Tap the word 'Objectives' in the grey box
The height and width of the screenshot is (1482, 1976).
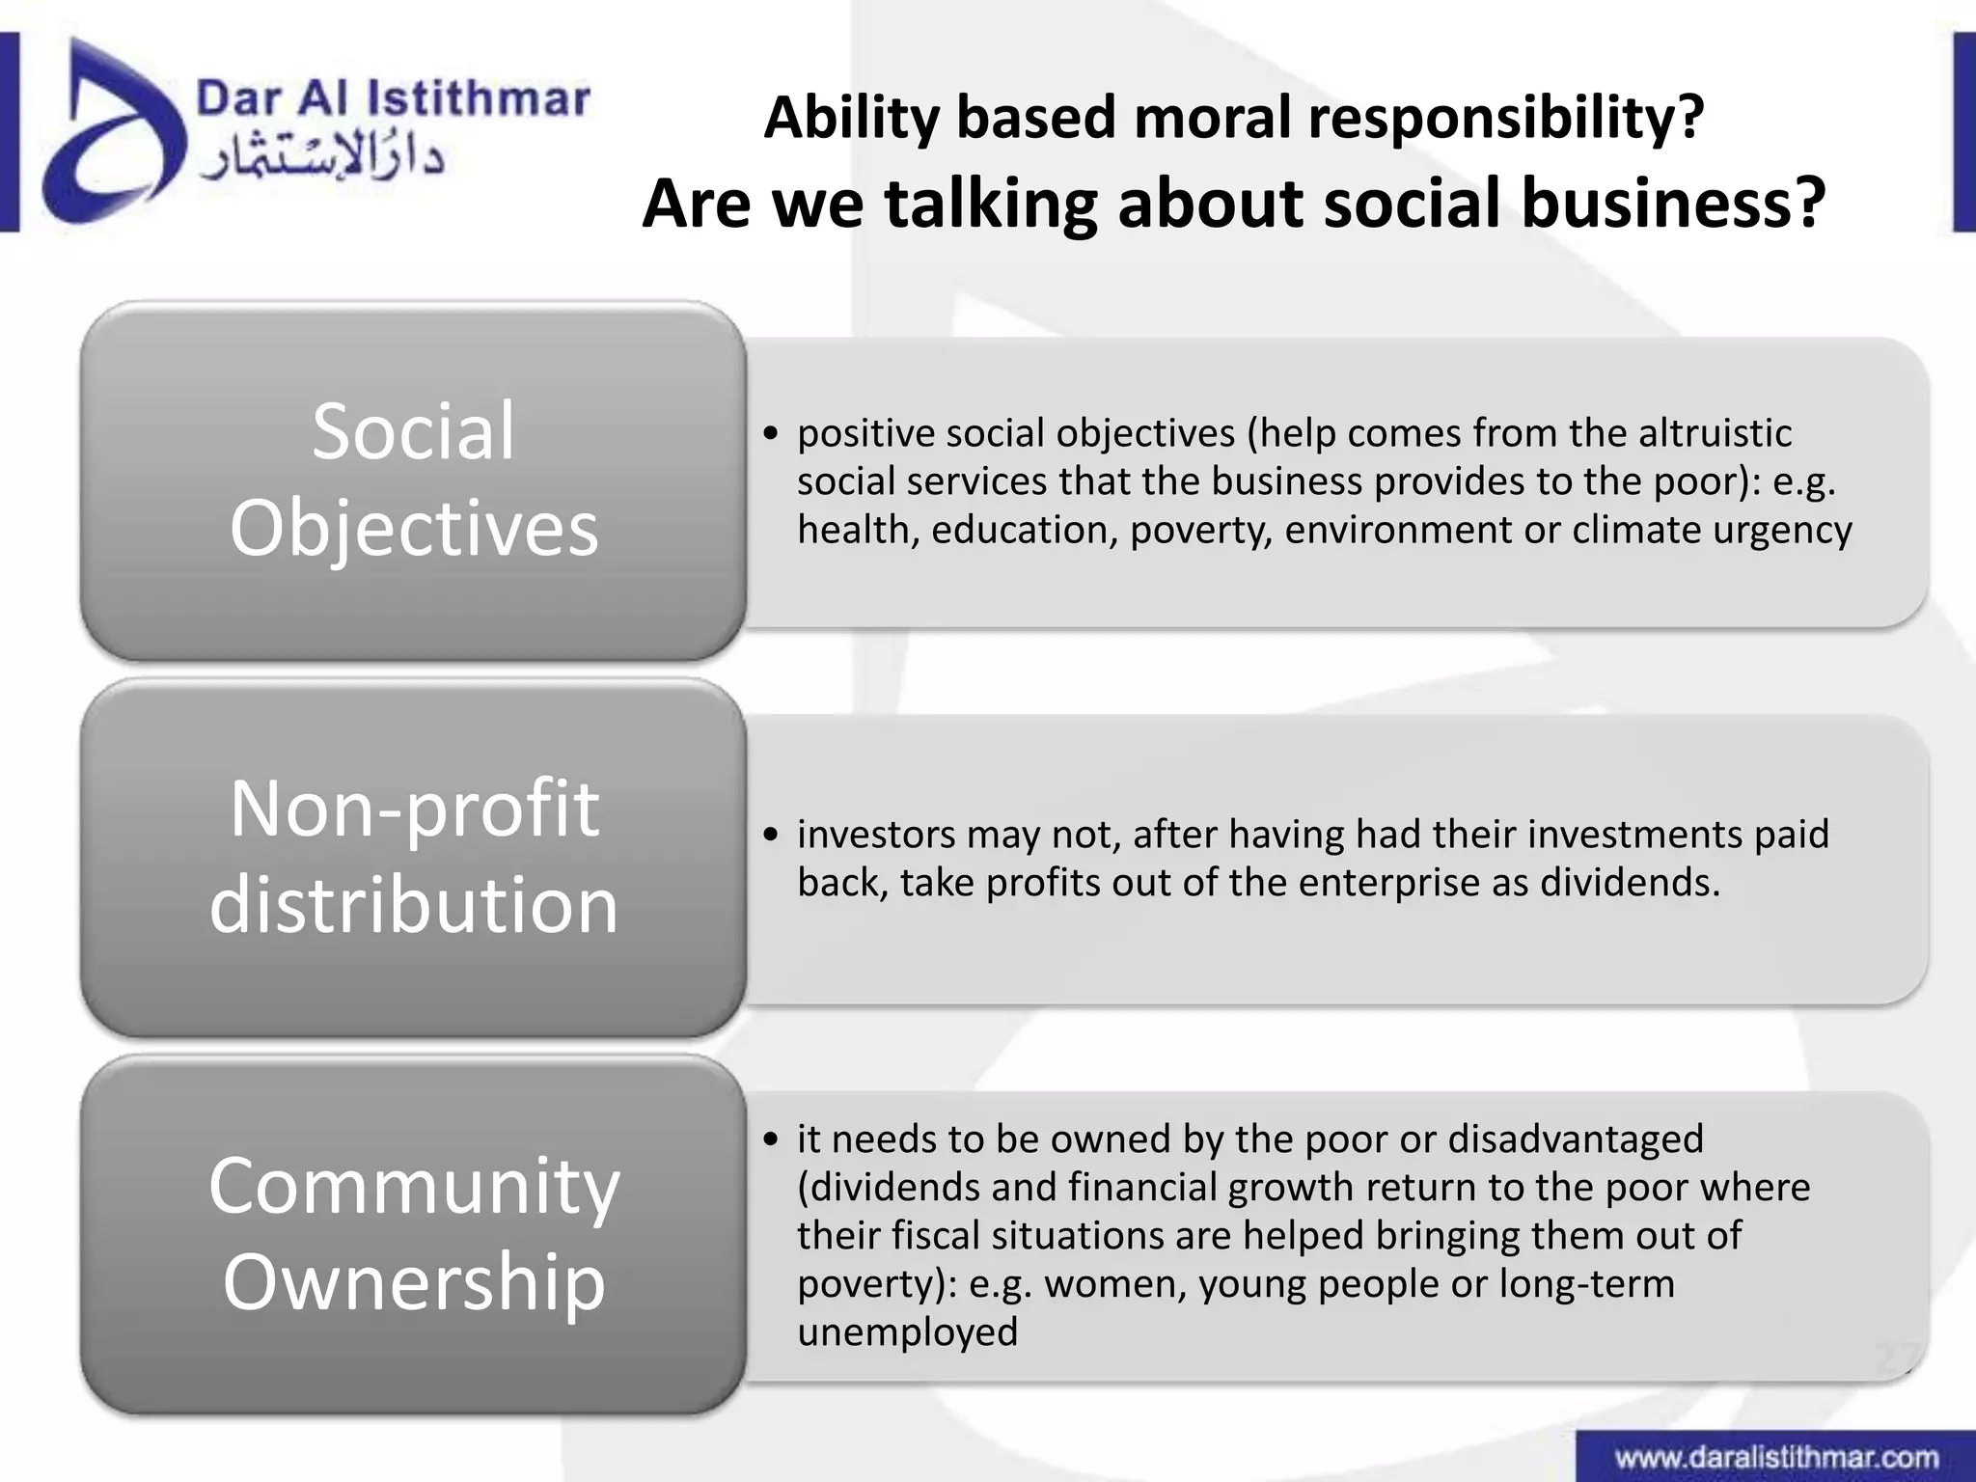click(414, 529)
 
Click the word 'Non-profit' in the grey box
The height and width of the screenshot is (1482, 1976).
click(414, 808)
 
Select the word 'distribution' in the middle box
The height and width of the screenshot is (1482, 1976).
click(414, 905)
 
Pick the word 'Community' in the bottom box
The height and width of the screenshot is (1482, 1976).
click(414, 1186)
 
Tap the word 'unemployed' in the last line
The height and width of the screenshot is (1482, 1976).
click(907, 1332)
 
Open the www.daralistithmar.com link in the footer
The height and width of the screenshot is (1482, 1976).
click(1776, 1457)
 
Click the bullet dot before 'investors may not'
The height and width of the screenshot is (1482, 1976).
click(770, 836)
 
